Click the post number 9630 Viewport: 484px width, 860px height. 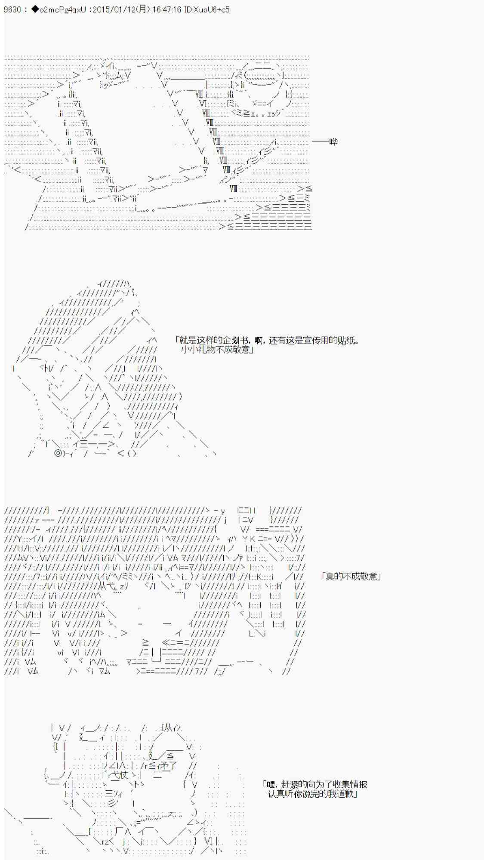tap(12, 9)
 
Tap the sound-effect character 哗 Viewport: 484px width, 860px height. tap(333, 141)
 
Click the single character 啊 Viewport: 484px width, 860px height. tap(259, 341)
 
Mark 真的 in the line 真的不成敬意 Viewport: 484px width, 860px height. tap(334, 576)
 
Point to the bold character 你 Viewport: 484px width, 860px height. tap(299, 794)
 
